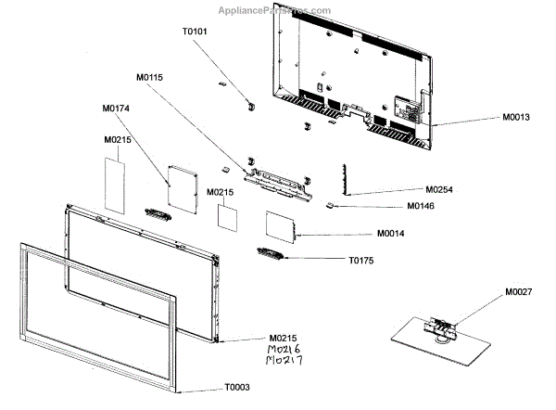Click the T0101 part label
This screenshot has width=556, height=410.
[x=196, y=30]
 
